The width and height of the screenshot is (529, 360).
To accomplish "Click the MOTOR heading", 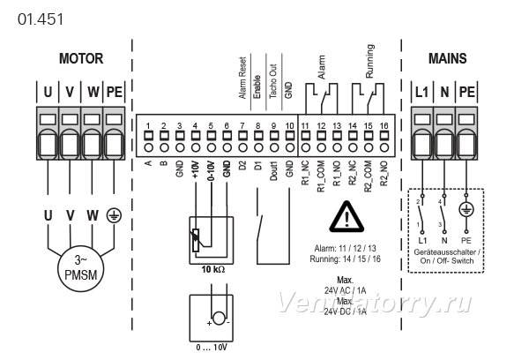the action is coord(81,58).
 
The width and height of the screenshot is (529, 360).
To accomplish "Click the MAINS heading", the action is coord(447,58).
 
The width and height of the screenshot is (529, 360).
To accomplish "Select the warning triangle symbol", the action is coord(346,217).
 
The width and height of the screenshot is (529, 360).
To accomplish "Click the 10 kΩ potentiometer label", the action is coord(212,269).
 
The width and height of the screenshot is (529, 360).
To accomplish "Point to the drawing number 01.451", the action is coord(41,19).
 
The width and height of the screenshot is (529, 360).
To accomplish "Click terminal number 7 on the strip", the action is coord(242,126).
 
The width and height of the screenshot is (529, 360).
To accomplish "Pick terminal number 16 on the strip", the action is coord(384,126).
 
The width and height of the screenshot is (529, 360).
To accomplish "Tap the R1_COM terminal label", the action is coord(321,176).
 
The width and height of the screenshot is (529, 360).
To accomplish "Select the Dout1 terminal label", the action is coord(273,171).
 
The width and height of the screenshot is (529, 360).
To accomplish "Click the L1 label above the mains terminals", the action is coord(421,92).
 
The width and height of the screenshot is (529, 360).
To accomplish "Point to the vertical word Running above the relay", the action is coord(369,61).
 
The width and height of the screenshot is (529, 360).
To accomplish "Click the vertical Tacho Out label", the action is coord(273,81).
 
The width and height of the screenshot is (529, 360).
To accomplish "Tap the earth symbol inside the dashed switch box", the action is coord(466,210).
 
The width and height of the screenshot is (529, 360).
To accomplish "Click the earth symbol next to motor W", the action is coord(114,216).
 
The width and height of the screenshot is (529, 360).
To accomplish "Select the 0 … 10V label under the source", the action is coord(212,348).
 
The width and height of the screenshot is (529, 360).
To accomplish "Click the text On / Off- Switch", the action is coord(447,260).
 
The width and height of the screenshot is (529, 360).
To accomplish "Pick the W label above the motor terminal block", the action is coord(93,92).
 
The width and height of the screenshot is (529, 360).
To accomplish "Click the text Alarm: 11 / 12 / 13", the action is coord(345,249).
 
